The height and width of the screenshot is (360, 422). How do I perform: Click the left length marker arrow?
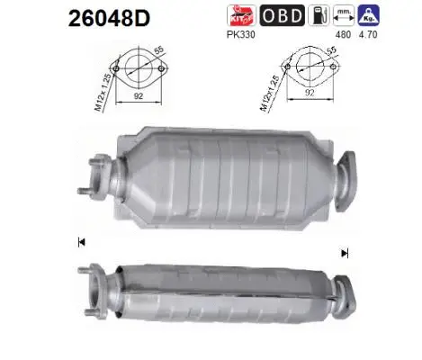tap(82, 242)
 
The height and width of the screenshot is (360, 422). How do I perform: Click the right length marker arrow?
tap(344, 253)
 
